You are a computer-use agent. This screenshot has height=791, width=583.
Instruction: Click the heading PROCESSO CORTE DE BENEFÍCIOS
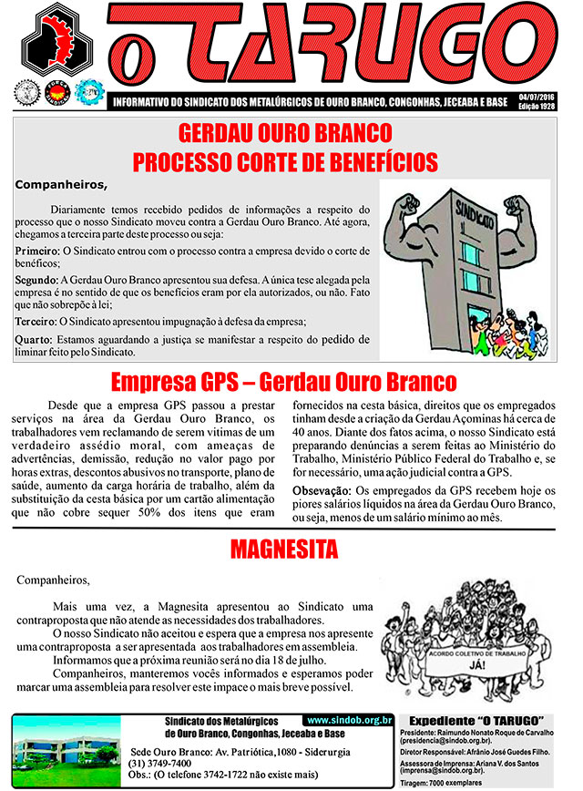285,162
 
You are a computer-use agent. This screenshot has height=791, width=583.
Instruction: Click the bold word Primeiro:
36,250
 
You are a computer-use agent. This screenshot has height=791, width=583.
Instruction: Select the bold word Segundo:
37,282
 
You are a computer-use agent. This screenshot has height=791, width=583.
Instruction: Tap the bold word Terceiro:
38,322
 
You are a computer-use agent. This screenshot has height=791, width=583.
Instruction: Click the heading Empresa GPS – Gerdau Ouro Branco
283,380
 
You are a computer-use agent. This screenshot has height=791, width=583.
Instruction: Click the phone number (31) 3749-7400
160,763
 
